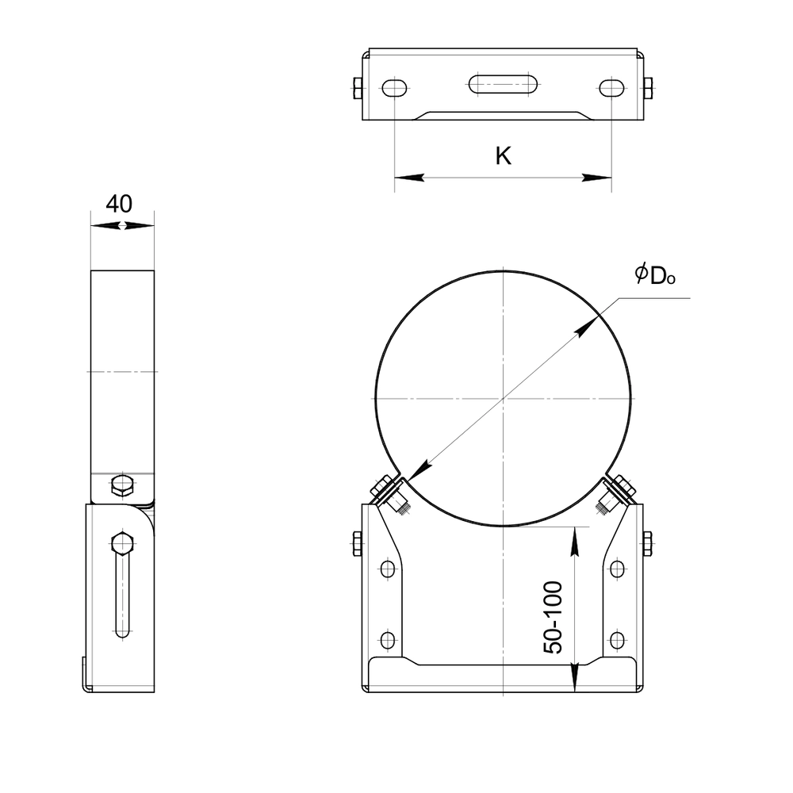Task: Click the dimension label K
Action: pyautogui.click(x=504, y=156)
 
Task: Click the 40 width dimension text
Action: pyautogui.click(x=119, y=204)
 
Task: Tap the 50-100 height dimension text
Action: pyautogui.click(x=553, y=618)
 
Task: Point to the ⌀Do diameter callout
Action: pyautogui.click(x=655, y=275)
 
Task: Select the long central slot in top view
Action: pyautogui.click(x=504, y=84)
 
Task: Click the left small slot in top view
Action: pyautogui.click(x=394, y=88)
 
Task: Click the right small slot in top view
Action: pyautogui.click(x=611, y=88)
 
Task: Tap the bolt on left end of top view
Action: pyautogui.click(x=357, y=88)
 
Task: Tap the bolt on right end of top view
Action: pyautogui.click(x=649, y=88)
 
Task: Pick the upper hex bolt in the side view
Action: pyautogui.click(x=122, y=485)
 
